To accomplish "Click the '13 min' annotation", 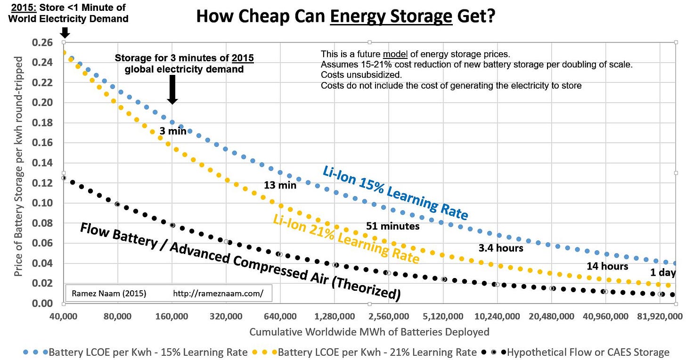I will [280, 185].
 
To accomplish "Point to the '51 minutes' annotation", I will [392, 226].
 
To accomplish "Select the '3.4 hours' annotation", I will [501, 248].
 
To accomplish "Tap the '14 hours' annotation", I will [607, 266].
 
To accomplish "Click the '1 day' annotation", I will [663, 273].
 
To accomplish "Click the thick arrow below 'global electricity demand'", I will [172, 89].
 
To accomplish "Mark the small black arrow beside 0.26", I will [65, 33].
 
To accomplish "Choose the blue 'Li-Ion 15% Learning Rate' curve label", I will [395, 193].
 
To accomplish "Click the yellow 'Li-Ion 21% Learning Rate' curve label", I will [346, 238].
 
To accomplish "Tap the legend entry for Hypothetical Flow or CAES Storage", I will [584, 352].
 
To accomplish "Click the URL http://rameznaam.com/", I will [217, 294].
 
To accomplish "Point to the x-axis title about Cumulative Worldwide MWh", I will [369, 332].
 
